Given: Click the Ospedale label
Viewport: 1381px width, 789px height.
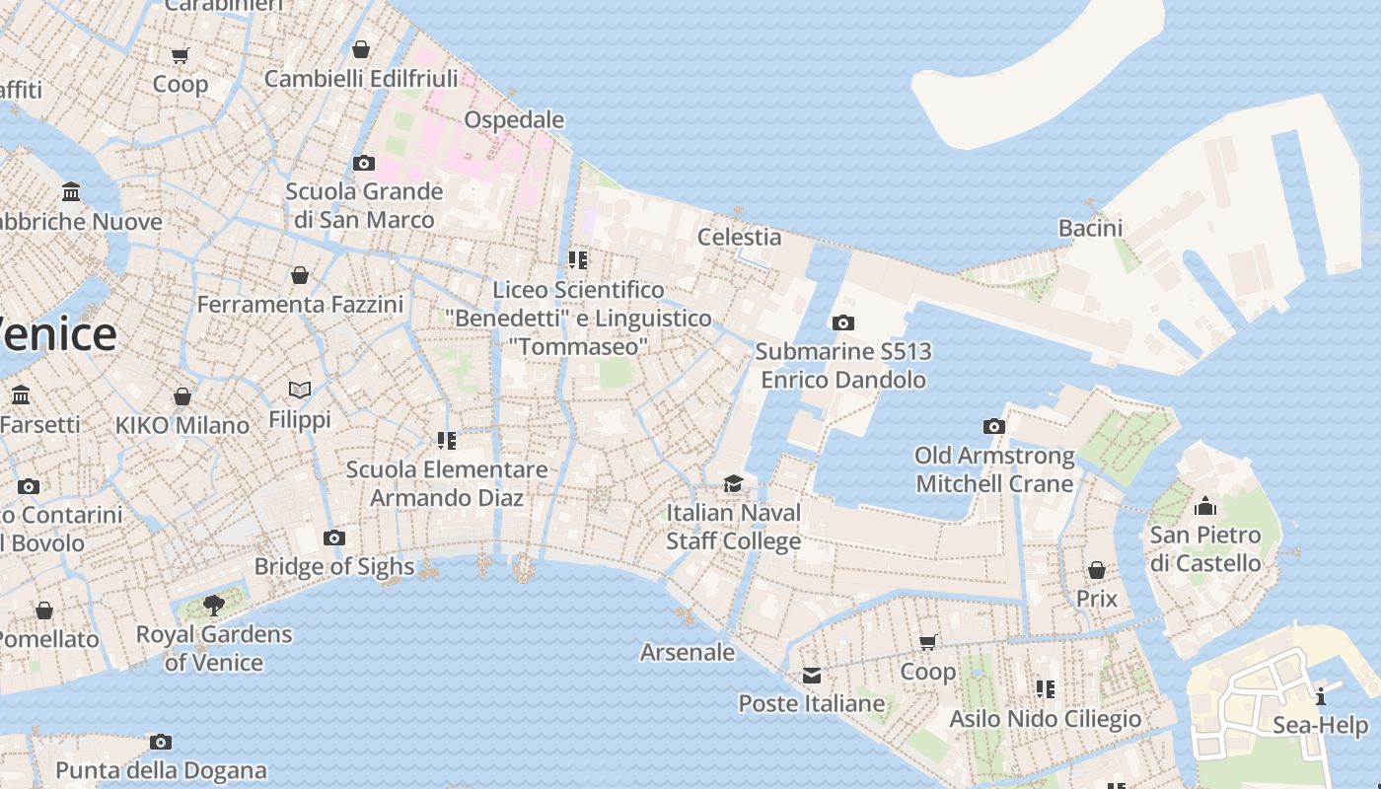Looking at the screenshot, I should tap(514, 120).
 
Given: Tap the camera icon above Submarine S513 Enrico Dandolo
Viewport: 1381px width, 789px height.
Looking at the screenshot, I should tap(842, 323).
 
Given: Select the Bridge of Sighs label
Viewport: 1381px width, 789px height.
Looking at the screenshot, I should tap(334, 566).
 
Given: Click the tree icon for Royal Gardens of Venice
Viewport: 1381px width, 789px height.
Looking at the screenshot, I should tap(213, 606).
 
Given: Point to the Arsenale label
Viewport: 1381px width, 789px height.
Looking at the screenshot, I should tap(688, 652).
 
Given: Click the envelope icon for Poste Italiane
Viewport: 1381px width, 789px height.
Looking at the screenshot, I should tap(812, 676).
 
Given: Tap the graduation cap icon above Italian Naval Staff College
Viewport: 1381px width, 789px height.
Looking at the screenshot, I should tap(733, 483).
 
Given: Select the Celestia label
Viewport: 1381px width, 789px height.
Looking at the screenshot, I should tap(739, 237).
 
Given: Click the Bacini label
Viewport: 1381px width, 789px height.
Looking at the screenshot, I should tap(1090, 228).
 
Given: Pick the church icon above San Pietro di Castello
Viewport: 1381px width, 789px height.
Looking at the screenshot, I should tap(1204, 507).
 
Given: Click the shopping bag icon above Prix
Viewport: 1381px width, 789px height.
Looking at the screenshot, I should tap(1097, 570).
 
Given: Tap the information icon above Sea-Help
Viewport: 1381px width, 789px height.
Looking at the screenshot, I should tap(1321, 697).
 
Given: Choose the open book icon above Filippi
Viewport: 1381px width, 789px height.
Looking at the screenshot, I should tap(300, 391).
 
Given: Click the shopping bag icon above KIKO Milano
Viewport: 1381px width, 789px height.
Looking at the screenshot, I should tap(182, 396).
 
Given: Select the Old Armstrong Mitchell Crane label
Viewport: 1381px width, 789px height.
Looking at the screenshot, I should tap(994, 469).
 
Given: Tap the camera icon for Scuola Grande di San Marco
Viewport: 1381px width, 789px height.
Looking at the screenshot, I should tap(364, 163).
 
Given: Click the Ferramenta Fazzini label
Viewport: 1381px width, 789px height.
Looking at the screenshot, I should tap(300, 305).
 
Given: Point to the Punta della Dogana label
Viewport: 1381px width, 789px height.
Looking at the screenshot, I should tap(161, 770).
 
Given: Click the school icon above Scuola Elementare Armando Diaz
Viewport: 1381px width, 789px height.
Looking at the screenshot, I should tap(446, 440).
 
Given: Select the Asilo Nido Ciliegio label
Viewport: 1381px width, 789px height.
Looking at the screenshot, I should tap(1045, 719).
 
